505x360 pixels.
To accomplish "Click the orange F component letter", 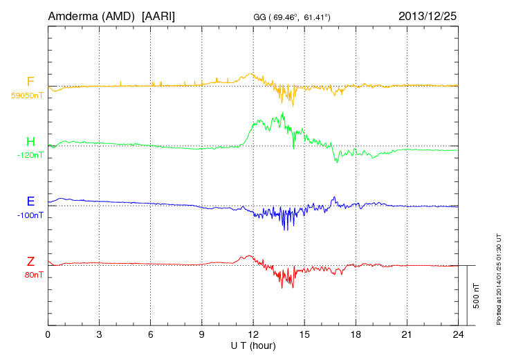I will pos(30,82).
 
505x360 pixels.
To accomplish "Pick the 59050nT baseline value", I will pos(27,96).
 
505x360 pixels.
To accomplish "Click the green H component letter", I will pos(30,142).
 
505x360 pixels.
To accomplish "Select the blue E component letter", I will pos(30,201).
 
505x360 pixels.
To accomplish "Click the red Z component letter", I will pos(30,261).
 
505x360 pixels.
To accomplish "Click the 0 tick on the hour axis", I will pos(48,334).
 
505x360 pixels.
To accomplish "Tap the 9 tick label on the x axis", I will pos(202,334).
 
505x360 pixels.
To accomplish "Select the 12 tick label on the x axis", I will pos(253,334).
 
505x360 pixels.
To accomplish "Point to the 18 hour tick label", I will pos(356,334).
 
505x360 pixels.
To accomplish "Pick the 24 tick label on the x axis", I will pos(458,334).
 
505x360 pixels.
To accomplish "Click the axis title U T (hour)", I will pos(253,345).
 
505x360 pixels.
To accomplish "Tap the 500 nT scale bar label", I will pos(477,295).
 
